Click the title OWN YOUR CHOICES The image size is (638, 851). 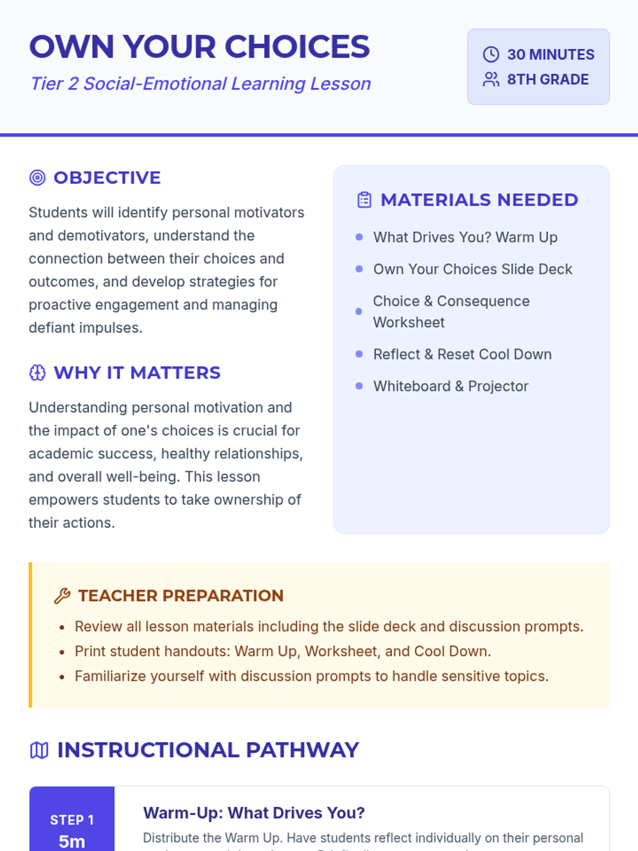click(x=199, y=47)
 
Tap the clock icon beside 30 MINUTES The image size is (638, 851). click(x=491, y=54)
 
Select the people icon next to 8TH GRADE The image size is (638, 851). click(x=491, y=79)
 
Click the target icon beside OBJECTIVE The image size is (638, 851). click(x=37, y=178)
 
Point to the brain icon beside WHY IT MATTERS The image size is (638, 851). click(x=37, y=373)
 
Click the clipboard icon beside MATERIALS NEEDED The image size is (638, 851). click(x=364, y=200)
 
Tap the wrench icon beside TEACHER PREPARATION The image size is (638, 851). click(x=62, y=596)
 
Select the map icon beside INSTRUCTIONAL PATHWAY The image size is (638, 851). click(x=39, y=750)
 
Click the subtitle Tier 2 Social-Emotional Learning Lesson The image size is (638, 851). click(x=200, y=84)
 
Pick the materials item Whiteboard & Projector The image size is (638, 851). click(x=450, y=386)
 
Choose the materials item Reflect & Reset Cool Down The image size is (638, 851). click(x=462, y=354)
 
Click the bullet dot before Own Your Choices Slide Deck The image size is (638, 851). click(x=359, y=269)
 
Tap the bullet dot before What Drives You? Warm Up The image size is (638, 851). click(x=359, y=237)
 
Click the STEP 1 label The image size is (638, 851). click(x=72, y=820)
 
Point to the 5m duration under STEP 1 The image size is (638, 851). click(x=72, y=841)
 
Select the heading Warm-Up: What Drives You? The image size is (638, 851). click(x=254, y=813)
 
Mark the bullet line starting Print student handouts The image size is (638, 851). click(x=282, y=651)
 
